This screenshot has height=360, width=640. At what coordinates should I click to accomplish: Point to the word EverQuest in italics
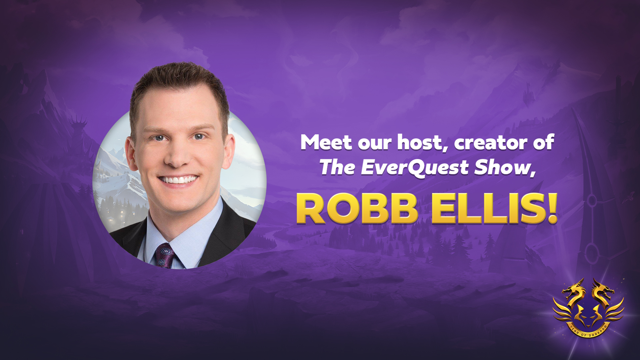[415, 168]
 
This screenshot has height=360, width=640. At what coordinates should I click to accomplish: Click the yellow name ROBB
[357, 209]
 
